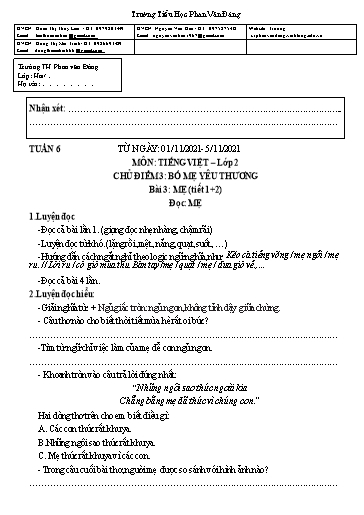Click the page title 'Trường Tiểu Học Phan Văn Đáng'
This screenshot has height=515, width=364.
[x=181, y=7]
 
